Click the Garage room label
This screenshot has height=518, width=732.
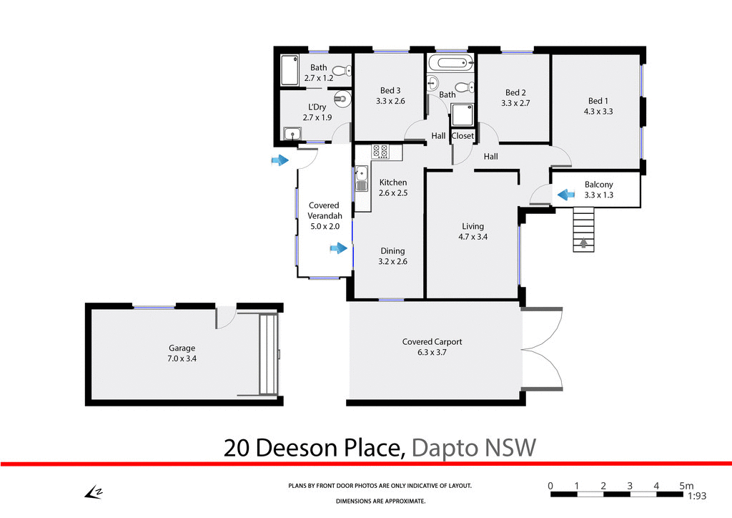coord(182,348)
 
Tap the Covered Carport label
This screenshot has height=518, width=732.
coord(432,341)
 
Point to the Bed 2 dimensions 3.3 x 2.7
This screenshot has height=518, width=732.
coord(515,103)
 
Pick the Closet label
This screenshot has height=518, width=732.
coord(463,136)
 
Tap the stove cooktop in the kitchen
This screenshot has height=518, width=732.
coord(380,152)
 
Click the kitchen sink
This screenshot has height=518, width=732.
coord(362,174)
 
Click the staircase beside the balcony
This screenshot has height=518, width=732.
coord(584,229)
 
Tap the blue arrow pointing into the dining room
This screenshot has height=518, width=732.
coord(337,249)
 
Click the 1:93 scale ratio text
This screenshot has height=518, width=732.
coord(697,496)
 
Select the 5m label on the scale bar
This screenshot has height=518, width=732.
coord(686,486)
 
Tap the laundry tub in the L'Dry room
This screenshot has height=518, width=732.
coord(292,134)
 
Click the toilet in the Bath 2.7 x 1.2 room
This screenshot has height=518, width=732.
coord(346,70)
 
